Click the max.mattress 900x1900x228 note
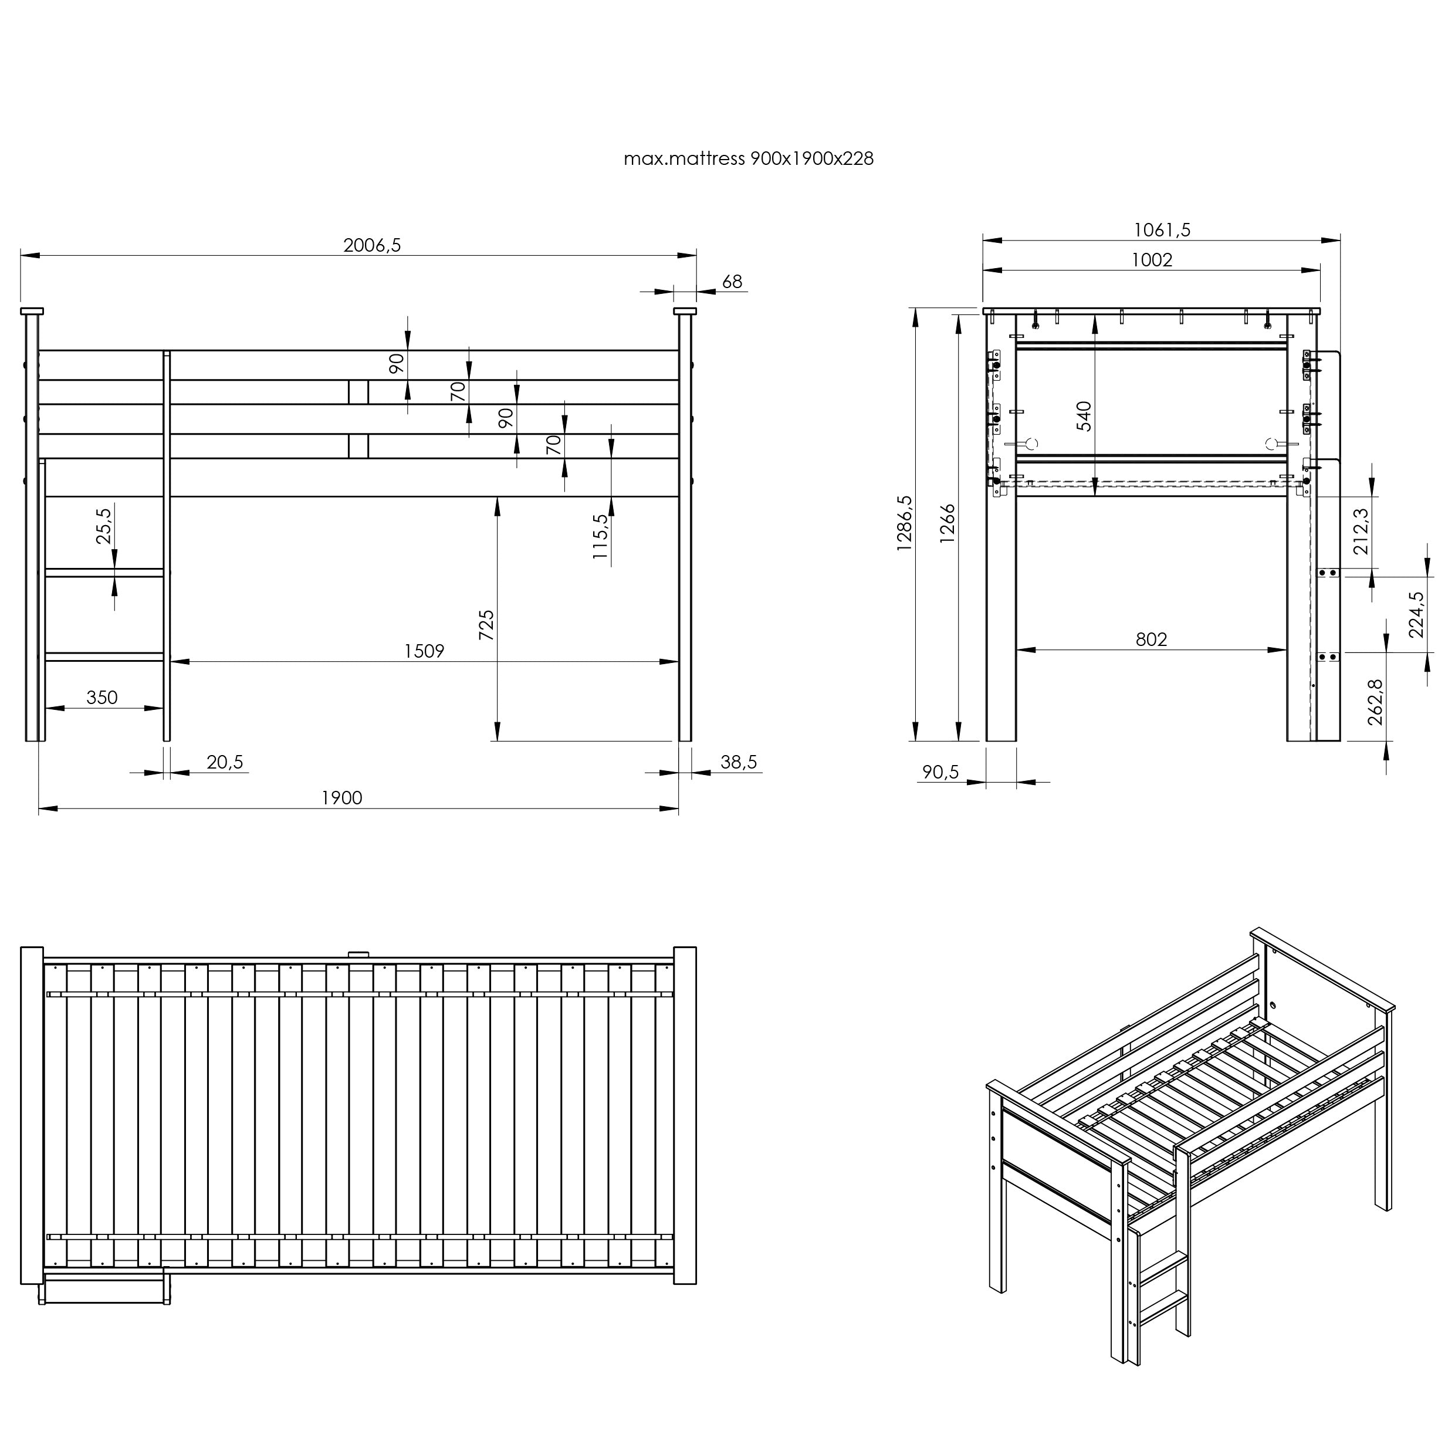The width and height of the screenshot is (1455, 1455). pyautogui.click(x=749, y=159)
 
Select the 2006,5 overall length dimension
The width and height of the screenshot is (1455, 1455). pyautogui.click(x=372, y=245)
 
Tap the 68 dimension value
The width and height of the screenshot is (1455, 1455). pyautogui.click(x=732, y=282)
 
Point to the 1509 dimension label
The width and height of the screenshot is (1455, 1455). pyautogui.click(x=425, y=651)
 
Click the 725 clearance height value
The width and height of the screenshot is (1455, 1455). pyautogui.click(x=486, y=625)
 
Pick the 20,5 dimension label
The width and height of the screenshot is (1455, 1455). pyautogui.click(x=225, y=762)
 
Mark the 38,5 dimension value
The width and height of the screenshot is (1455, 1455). pyautogui.click(x=738, y=762)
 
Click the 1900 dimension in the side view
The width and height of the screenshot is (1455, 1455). pyautogui.click(x=342, y=797)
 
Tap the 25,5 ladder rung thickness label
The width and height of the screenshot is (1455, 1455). pyautogui.click(x=104, y=526)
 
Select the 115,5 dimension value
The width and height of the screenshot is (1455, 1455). pyautogui.click(x=600, y=536)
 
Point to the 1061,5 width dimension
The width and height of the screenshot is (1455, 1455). pyautogui.click(x=1162, y=230)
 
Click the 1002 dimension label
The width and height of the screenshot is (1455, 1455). pyautogui.click(x=1152, y=260)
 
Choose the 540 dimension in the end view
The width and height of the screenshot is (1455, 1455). pyautogui.click(x=1084, y=416)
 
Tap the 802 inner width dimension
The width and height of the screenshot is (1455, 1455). pyautogui.click(x=1152, y=639)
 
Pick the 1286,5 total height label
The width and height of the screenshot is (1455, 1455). pyautogui.click(x=905, y=523)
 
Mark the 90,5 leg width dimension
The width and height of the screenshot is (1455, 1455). pyautogui.click(x=940, y=772)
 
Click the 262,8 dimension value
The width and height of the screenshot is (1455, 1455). pyautogui.click(x=1375, y=702)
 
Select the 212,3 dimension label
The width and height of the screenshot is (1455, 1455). pyautogui.click(x=1362, y=531)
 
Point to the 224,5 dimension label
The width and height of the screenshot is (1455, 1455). pyautogui.click(x=1417, y=614)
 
